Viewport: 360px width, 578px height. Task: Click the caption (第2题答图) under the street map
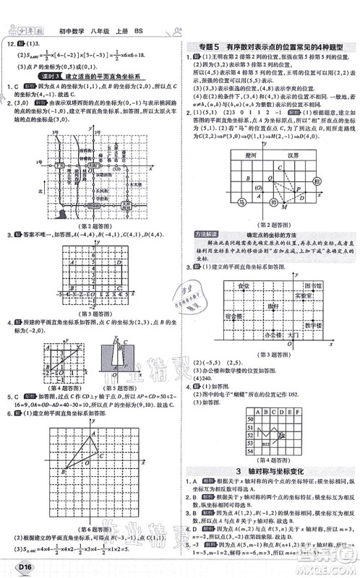click(87, 225)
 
